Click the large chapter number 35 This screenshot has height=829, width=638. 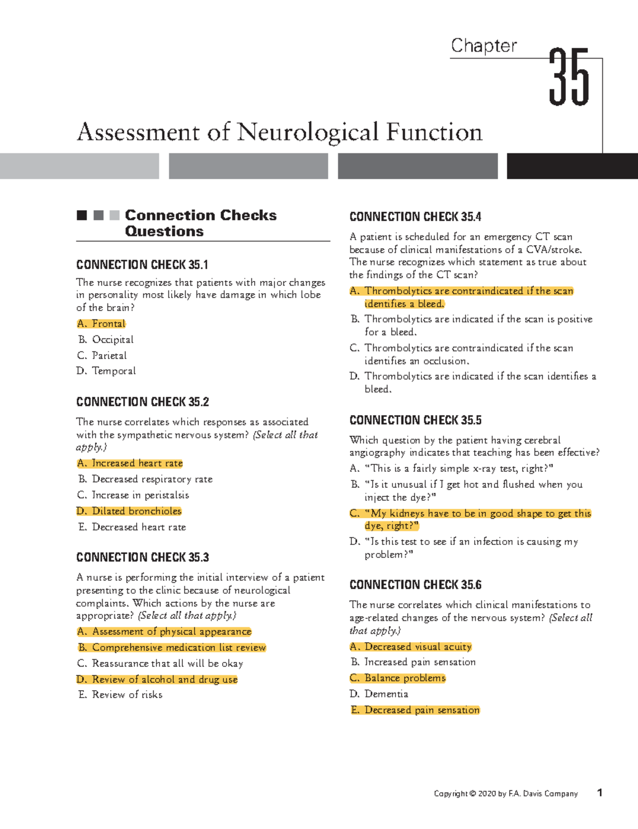(569, 78)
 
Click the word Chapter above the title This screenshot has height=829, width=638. (483, 46)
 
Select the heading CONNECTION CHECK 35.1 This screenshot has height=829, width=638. (142, 264)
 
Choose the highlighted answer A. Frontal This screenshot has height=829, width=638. (102, 324)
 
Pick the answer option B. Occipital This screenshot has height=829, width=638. (106, 339)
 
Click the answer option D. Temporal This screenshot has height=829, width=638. (106, 371)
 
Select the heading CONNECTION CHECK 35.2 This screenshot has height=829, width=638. (142, 402)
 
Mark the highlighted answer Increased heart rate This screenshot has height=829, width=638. (130, 463)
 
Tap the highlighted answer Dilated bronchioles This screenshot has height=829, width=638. (129, 511)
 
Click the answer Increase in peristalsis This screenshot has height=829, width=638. (133, 495)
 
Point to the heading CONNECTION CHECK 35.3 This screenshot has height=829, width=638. (142, 557)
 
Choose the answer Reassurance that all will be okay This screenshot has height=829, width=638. (160, 664)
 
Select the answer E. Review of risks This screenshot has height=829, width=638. (120, 694)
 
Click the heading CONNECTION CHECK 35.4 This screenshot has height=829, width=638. (415, 217)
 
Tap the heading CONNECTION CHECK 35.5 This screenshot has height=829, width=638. (415, 420)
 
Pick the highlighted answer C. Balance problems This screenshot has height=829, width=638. (398, 678)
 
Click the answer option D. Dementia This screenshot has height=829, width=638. (379, 694)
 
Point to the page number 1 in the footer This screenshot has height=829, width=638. (600, 793)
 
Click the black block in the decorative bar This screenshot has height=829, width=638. (572, 166)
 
